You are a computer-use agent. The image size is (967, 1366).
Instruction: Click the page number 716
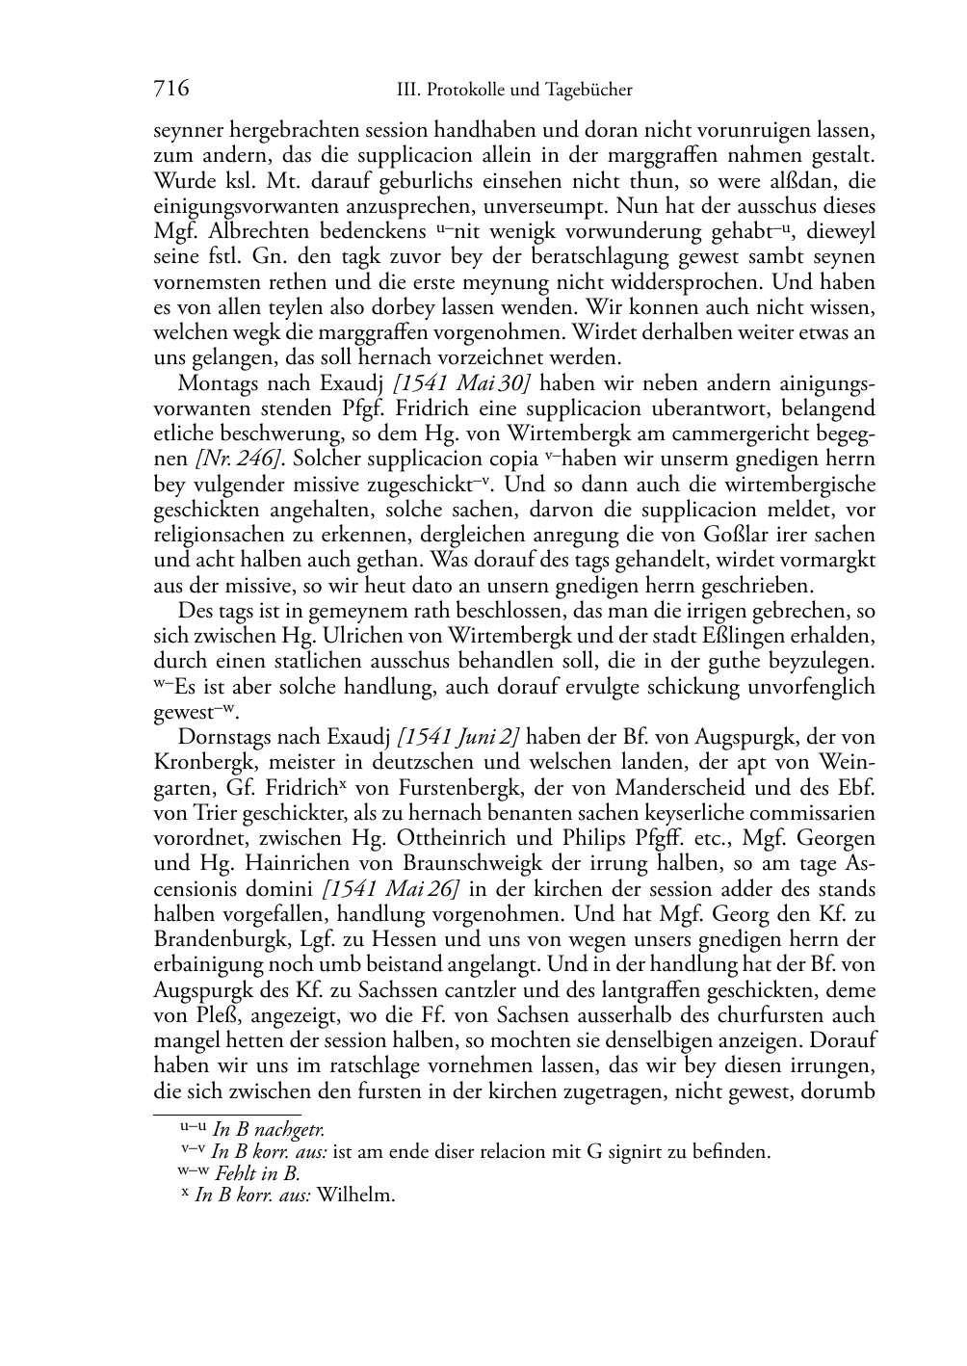(x=170, y=90)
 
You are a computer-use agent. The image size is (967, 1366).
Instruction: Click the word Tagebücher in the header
(x=588, y=91)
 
